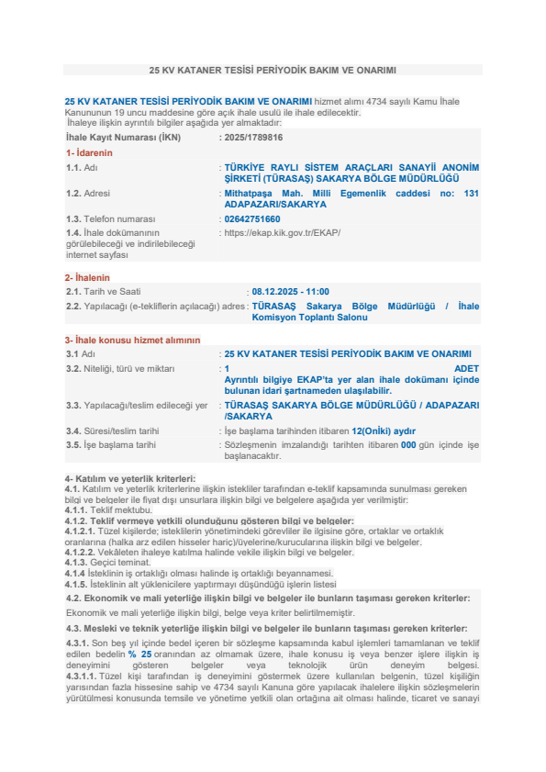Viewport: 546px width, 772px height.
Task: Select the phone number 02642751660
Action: (252, 219)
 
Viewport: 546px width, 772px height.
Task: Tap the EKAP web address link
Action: (283, 232)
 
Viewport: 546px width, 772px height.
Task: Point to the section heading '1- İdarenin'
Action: (89, 152)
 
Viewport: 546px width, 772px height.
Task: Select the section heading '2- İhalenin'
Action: (87, 277)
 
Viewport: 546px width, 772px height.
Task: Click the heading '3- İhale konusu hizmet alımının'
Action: (132, 340)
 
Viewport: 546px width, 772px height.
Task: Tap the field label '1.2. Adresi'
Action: (93, 194)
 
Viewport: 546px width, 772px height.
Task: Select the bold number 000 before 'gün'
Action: (408, 444)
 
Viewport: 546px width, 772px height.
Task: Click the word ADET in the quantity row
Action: (466, 367)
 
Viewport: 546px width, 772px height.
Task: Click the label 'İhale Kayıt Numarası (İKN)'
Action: (123, 137)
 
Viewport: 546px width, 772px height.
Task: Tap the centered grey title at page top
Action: (273, 70)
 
